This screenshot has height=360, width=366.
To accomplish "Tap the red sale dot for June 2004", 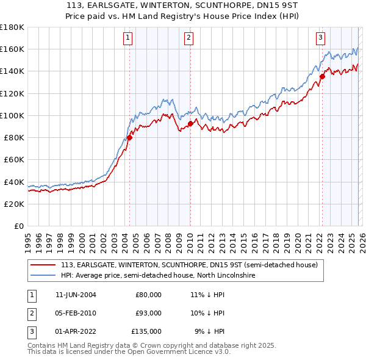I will click(129, 137).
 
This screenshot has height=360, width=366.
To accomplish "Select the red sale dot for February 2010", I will click(190, 123).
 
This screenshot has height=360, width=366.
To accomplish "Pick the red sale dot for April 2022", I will click(322, 76).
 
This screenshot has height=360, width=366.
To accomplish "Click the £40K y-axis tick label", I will click(14, 182).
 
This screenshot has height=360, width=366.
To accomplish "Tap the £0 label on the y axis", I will click(20, 226).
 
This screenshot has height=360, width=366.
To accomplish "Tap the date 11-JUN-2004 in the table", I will click(76, 294).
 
